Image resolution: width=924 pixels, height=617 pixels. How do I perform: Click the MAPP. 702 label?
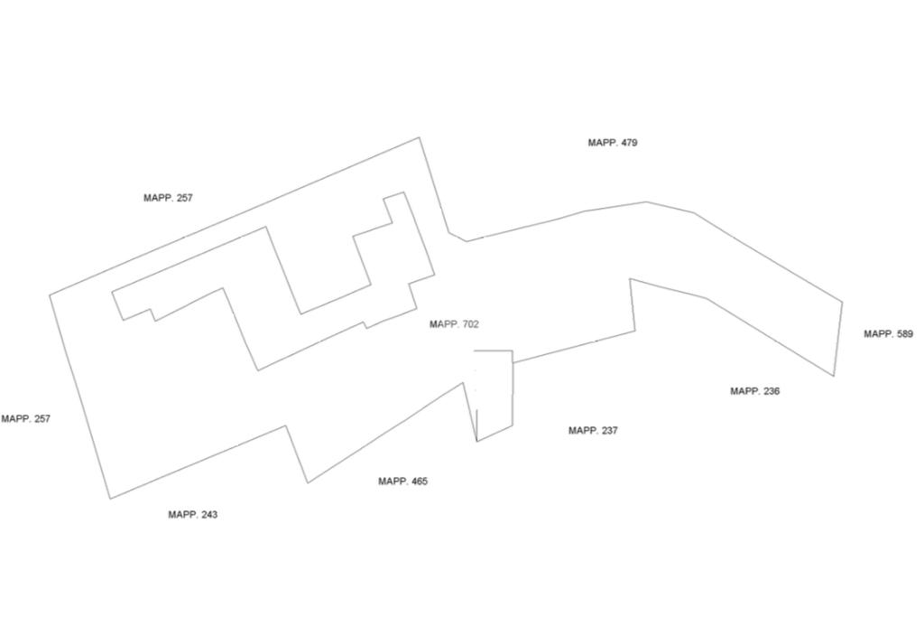point(454,324)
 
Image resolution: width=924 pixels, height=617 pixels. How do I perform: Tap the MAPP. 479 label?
point(613,143)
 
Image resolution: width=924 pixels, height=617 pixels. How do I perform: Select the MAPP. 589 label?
point(888,334)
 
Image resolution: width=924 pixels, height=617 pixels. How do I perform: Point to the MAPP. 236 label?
point(754,391)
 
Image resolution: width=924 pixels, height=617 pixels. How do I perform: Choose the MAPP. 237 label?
point(593,431)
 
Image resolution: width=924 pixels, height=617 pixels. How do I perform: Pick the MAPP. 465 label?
point(402,481)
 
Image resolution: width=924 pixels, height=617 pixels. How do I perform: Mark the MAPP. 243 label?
point(192,515)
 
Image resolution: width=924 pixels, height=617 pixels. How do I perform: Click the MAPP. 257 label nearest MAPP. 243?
point(26,419)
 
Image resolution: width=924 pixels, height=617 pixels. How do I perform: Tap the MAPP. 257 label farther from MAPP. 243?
point(168,198)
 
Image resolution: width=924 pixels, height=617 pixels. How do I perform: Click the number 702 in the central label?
point(470,324)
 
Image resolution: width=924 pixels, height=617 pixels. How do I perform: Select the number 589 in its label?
point(902,334)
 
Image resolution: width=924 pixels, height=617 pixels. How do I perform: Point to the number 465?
point(419,481)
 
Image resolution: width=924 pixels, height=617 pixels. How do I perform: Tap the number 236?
point(770,391)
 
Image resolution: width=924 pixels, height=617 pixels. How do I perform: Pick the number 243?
point(208,515)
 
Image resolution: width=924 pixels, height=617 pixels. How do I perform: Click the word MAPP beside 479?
point(601,143)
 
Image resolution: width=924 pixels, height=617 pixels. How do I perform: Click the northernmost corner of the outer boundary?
point(420,137)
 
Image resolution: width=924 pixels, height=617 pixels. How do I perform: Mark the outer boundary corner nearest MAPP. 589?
point(842,302)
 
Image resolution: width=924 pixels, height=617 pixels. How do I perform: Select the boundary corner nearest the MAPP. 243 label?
point(110,498)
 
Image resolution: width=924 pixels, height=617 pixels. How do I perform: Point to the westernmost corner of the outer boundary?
point(50,294)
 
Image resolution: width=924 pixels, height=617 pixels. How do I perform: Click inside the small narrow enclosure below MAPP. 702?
point(494,388)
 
